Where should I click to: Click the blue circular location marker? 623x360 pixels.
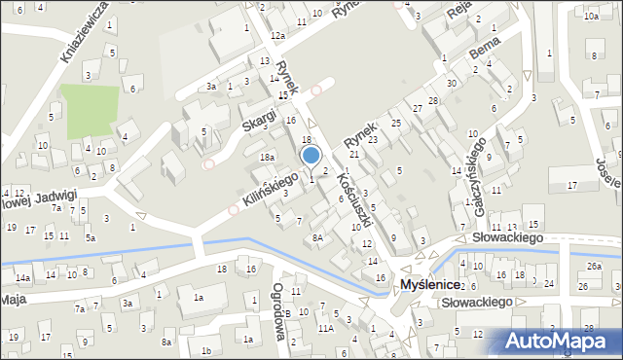click(x=311, y=155)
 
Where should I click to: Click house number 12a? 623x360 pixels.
click(x=278, y=36)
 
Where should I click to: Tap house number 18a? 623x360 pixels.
click(x=267, y=157)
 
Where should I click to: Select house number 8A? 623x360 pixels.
click(x=317, y=237)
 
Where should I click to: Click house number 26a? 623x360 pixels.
click(x=594, y=266)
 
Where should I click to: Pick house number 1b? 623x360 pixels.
click(x=205, y=350)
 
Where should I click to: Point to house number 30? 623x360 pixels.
click(x=451, y=83)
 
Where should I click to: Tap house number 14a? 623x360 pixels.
click(x=23, y=278)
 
